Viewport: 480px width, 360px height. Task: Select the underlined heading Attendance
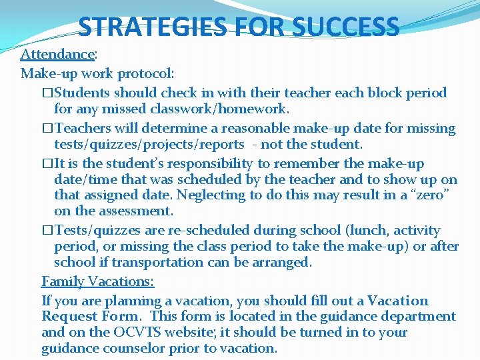pyautogui.click(x=57, y=54)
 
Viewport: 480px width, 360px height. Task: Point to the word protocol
pyautogui.click(x=146, y=73)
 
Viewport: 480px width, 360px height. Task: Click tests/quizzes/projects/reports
pyautogui.click(x=149, y=144)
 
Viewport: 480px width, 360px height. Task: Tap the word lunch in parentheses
pyautogui.click(x=367, y=231)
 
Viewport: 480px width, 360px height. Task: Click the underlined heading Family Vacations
pyautogui.click(x=98, y=282)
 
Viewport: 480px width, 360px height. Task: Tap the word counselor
pyautogui.click(x=133, y=348)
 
